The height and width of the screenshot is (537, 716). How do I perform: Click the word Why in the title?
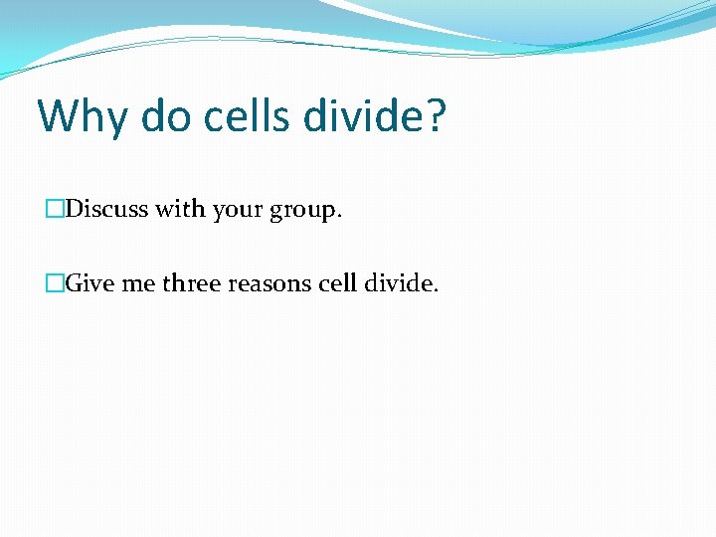point(83,117)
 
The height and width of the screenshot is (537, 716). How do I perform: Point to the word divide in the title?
point(364,117)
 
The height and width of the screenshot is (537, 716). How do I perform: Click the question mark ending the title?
point(436,117)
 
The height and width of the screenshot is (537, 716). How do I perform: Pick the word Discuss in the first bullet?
point(106,210)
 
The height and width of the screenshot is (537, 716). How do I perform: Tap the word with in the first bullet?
point(175,210)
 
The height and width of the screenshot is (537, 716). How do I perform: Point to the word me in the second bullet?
point(139,284)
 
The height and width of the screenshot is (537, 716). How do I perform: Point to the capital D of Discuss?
point(75,210)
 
